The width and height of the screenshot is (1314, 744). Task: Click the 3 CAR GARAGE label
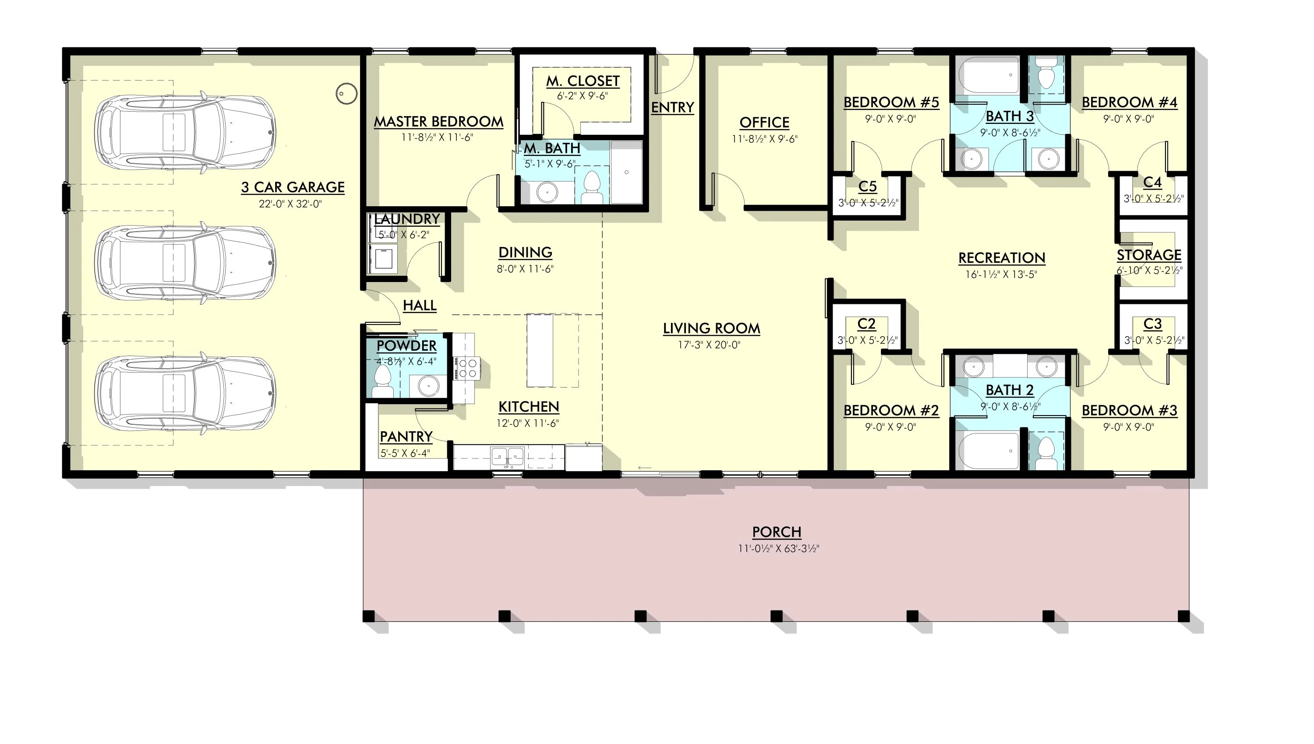tap(293, 187)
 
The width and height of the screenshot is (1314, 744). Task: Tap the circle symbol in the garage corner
tap(346, 94)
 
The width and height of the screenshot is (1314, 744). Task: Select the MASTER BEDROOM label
tap(438, 122)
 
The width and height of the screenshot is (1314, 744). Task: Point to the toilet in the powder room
tap(382, 382)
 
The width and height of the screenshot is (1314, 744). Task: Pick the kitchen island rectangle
tap(540, 350)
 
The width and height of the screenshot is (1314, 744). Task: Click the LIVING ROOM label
tap(711, 328)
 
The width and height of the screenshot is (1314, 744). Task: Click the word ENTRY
tap(673, 107)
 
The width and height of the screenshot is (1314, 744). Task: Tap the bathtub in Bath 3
tap(989, 75)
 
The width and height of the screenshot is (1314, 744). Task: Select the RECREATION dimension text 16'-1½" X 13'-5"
tap(1001, 275)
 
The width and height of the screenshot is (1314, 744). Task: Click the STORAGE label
tap(1149, 254)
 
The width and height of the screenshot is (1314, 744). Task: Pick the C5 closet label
tap(868, 187)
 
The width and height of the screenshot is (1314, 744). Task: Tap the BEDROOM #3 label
tap(1130, 410)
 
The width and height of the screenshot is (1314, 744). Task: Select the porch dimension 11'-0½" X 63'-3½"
tap(778, 549)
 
